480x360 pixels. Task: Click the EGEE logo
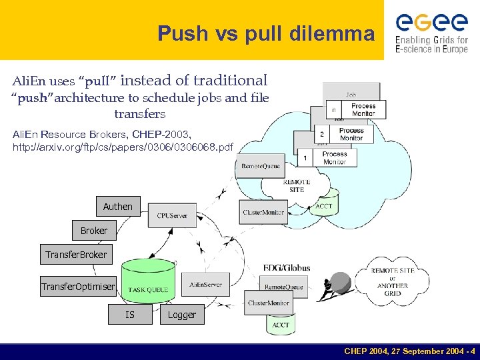pyautogui.click(x=432, y=31)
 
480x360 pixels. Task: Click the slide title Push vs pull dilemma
pyautogui.click(x=266, y=33)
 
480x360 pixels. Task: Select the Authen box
pyautogui.click(x=117, y=207)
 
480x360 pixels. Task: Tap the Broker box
pyautogui.click(x=93, y=231)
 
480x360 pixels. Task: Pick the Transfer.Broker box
pyautogui.click(x=75, y=255)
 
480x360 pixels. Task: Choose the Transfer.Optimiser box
pyautogui.click(x=78, y=287)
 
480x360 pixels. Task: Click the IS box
pyautogui.click(x=130, y=314)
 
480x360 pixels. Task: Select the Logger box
pyautogui.click(x=182, y=315)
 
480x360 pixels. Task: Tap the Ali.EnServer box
pyautogui.click(x=205, y=285)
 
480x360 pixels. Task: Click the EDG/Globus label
pyautogui.click(x=286, y=268)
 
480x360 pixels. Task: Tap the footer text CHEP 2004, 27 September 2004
pyautogui.click(x=409, y=351)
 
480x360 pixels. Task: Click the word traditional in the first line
pyautogui.click(x=230, y=81)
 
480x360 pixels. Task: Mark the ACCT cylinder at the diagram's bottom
pyautogui.click(x=281, y=324)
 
